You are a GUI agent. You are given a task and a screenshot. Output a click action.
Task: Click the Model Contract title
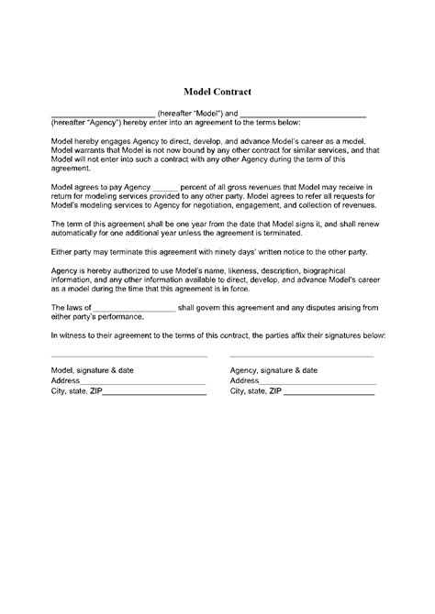coord(217,93)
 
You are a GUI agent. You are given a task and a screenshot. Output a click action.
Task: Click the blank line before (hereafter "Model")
coord(103,115)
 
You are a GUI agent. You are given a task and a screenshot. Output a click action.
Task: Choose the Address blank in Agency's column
coord(317,381)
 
